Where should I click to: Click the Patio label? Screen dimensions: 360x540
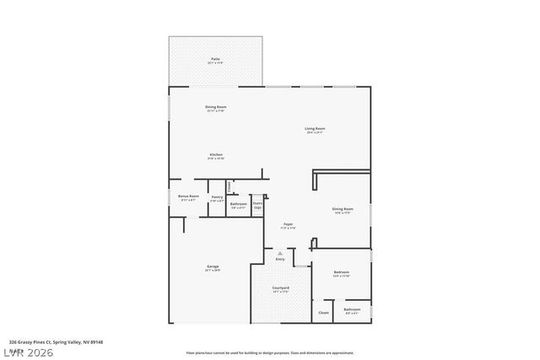coord(214,60)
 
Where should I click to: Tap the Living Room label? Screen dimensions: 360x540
coord(316,129)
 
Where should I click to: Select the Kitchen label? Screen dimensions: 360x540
coord(216,155)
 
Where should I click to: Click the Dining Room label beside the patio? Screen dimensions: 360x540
coord(215,107)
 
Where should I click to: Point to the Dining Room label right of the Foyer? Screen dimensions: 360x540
coord(342,209)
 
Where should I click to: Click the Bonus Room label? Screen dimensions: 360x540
coord(188,196)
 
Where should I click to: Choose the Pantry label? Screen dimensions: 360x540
coord(217,198)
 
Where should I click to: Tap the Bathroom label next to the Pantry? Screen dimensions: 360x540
coord(239,204)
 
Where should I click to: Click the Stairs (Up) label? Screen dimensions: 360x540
coord(258,204)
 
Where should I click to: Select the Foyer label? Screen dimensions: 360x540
coord(288,225)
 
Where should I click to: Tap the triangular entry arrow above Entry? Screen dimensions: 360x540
coord(280,253)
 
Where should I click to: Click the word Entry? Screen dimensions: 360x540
coord(280,260)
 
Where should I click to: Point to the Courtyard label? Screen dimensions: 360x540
coord(280,289)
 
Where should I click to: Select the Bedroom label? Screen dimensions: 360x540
coord(341,273)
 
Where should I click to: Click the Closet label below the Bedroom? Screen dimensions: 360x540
coord(323,312)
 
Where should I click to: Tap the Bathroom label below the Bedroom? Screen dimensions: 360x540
coord(352,310)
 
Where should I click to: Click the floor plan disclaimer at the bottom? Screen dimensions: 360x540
coord(270,353)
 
